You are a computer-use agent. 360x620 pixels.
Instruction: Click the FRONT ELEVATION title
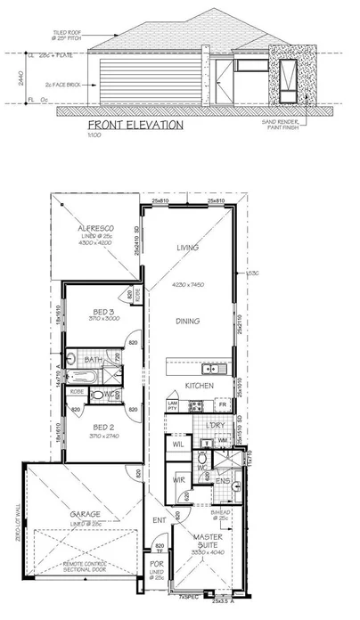(135, 126)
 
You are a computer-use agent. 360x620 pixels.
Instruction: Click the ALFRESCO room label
(94, 230)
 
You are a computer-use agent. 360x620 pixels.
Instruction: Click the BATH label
(93, 360)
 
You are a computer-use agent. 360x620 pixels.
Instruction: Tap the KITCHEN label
(198, 385)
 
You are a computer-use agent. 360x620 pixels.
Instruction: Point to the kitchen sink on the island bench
(211, 368)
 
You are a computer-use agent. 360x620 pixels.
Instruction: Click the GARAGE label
(86, 514)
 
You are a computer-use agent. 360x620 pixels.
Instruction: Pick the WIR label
(177, 479)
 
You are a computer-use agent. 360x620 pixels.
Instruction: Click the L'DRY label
(215, 425)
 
